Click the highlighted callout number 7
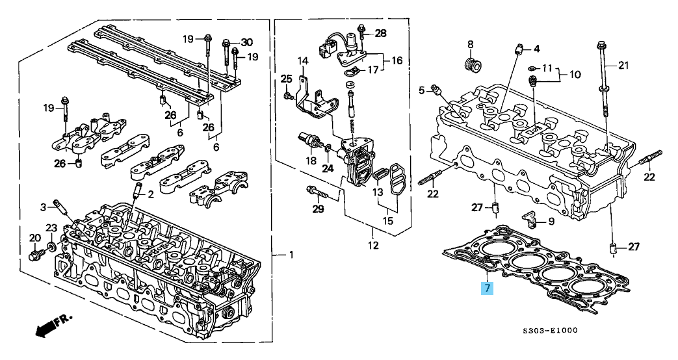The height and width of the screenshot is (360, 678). click(x=488, y=288)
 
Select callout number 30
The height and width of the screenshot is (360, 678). click(x=247, y=42)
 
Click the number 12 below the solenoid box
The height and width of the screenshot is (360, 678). click(x=373, y=246)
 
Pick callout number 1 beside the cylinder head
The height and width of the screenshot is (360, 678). click(x=291, y=255)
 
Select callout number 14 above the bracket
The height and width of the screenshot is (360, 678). click(x=302, y=60)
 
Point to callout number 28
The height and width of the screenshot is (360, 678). click(x=380, y=33)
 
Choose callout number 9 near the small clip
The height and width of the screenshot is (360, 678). click(x=551, y=222)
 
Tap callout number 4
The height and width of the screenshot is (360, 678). click(x=536, y=49)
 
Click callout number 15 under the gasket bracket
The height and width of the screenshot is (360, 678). click(x=387, y=221)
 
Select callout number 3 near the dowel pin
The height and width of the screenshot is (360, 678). click(x=43, y=207)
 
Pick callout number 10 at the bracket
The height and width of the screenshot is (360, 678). click(x=575, y=74)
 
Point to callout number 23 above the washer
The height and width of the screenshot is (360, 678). click(x=51, y=227)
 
